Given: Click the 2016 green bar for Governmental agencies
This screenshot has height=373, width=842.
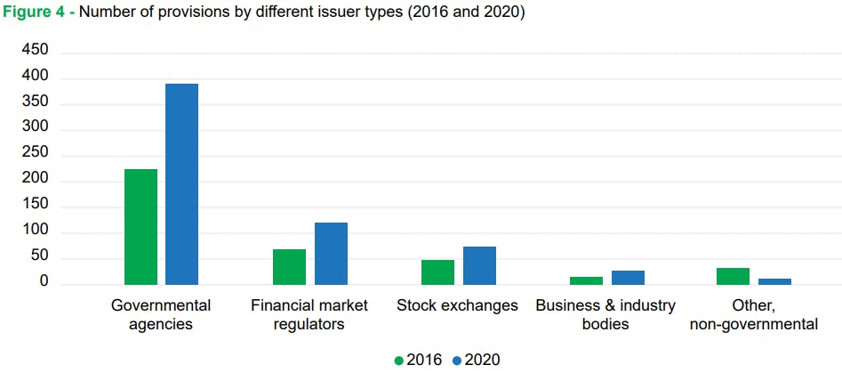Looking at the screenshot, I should [140, 227].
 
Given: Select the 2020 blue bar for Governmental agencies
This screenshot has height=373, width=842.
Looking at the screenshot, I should [181, 184].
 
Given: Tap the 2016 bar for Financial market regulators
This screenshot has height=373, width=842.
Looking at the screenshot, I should [289, 267].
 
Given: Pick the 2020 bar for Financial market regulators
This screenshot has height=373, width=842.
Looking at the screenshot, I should [331, 254].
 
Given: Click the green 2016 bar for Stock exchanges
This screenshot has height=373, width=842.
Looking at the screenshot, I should [437, 272].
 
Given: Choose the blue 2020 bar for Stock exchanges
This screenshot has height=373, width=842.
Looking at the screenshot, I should [479, 265].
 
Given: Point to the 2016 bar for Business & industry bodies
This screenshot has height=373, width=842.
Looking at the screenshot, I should [586, 280].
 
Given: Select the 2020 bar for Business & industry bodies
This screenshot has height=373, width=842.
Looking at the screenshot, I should [628, 278].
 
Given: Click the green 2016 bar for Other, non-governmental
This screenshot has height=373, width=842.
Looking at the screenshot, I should [733, 276].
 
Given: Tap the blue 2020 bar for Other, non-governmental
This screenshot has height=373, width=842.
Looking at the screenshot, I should [774, 281].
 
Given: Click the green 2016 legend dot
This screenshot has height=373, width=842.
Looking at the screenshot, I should [399, 361].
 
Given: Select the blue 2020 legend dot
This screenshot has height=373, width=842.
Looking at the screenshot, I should [457, 361].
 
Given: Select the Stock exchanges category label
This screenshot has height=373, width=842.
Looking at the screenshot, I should [457, 305].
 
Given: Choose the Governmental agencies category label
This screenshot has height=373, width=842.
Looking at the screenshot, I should [161, 314].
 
